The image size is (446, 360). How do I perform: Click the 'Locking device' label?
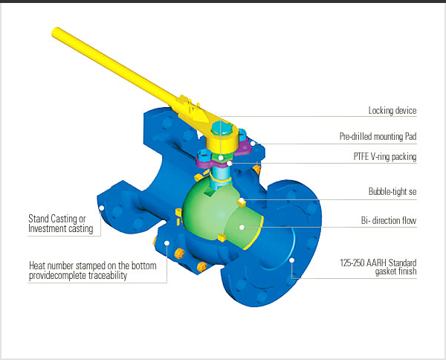(392, 111)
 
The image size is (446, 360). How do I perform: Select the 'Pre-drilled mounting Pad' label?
(378, 137)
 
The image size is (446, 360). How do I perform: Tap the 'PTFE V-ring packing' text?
(384, 157)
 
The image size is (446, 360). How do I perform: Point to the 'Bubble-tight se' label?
(394, 190)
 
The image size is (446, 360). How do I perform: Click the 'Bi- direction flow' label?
(388, 222)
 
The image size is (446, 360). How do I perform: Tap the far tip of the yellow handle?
(56, 32)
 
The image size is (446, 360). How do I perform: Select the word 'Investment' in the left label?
(49, 229)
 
